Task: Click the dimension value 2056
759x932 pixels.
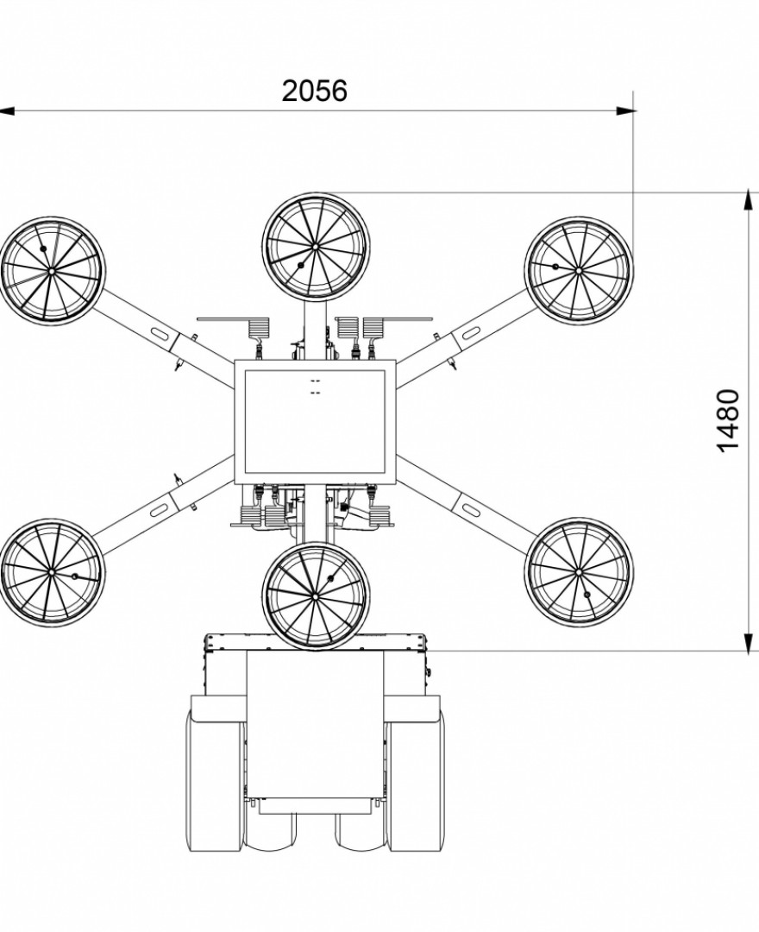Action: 314,90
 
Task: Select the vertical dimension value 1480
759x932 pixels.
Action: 729,420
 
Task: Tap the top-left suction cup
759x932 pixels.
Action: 52,270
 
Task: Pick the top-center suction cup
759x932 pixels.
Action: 316,246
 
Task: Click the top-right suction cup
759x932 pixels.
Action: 579,269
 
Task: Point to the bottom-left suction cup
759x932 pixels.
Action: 52,572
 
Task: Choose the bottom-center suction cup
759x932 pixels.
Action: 315,595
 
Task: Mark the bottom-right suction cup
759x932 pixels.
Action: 578,571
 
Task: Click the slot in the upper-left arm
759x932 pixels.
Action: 159,332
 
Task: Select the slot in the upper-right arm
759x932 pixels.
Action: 473,332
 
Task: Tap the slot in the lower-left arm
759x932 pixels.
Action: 159,509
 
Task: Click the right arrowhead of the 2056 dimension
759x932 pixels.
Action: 627,110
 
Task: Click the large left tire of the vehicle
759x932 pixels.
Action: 215,781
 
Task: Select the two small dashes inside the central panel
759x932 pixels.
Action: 315,386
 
